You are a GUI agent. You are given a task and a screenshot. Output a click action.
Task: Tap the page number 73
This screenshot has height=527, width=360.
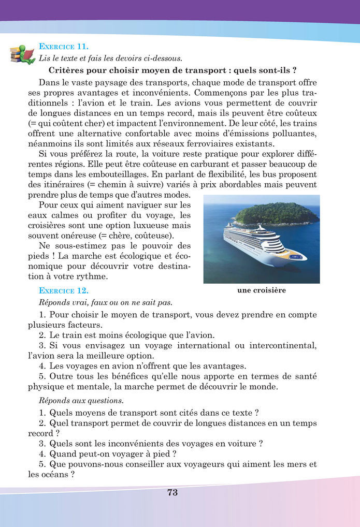(x=172, y=492)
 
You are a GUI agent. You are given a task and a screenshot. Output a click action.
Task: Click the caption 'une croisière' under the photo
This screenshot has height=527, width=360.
(x=262, y=290)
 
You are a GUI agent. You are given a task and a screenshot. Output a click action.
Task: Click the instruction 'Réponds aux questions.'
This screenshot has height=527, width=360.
(x=73, y=401)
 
